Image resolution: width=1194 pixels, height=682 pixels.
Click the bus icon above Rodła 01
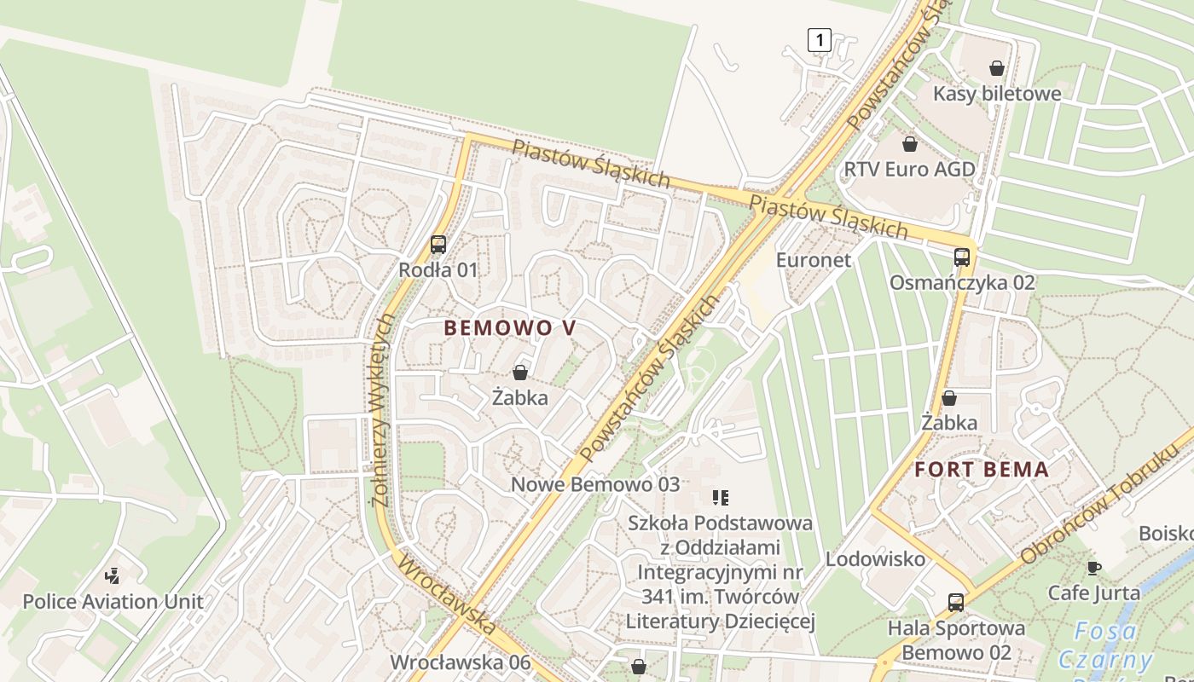coord(438,245)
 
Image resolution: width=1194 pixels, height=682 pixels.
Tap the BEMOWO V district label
coord(510,328)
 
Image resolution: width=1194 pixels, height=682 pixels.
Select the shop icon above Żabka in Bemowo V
coord(520,373)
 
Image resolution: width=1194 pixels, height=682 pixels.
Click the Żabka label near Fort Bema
coord(949,422)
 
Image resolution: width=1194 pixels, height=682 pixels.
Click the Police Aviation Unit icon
coord(112,576)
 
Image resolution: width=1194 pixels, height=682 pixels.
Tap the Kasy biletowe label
coord(997,93)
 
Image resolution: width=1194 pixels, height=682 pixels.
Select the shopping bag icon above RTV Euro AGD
coord(910,143)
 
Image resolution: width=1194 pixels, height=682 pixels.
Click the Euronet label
coord(813,259)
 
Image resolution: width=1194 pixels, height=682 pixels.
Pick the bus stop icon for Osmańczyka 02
coord(962,257)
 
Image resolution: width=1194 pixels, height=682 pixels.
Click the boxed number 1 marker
coord(819,39)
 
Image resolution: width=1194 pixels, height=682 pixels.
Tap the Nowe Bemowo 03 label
coord(595,484)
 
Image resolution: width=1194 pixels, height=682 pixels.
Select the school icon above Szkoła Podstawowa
coord(721,497)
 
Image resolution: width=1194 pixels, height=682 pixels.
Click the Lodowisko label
coord(875,559)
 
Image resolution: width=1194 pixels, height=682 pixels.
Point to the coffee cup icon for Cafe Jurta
coord(1093,568)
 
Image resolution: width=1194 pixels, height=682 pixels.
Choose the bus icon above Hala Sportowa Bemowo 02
coord(956,603)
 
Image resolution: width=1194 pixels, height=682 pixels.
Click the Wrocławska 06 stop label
coord(460,662)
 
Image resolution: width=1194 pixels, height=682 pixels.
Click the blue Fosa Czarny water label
coord(1105,645)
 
